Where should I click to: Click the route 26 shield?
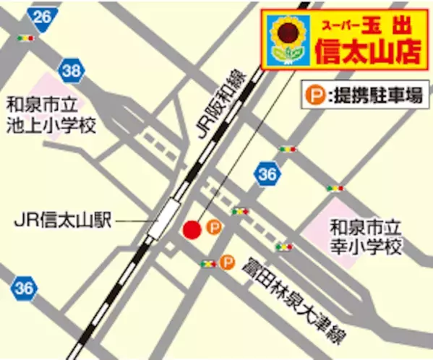(43, 16)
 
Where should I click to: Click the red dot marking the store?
(191, 230)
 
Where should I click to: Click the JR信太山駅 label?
(63, 220)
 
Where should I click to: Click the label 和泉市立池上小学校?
(50, 116)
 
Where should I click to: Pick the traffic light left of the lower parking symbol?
(208, 263)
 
